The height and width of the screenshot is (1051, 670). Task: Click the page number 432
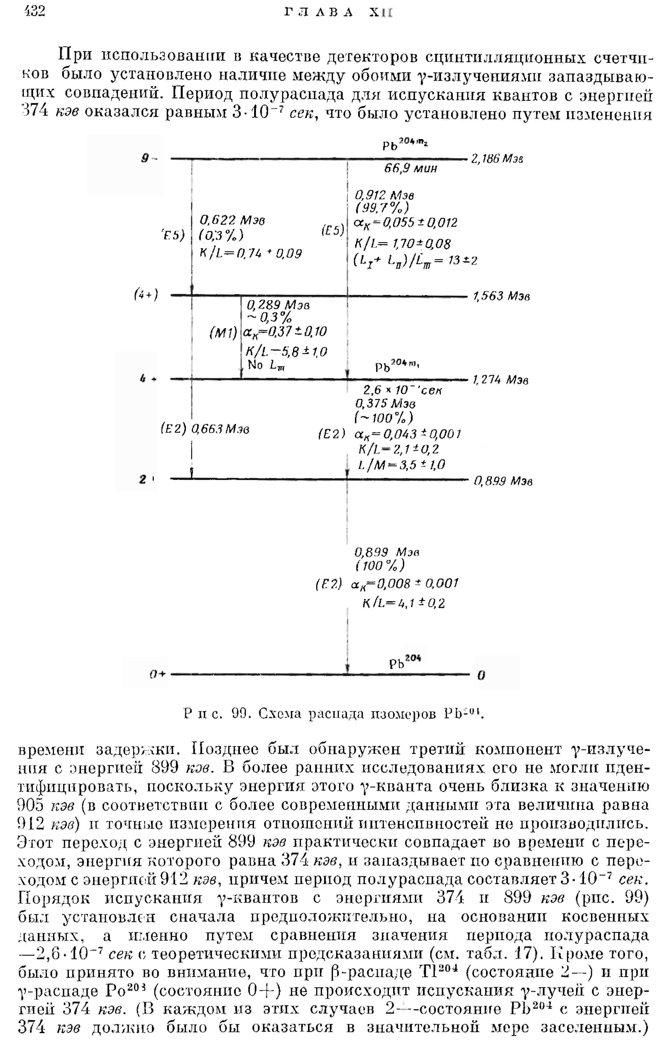coord(35,11)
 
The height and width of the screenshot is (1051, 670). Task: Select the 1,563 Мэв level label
coord(501,296)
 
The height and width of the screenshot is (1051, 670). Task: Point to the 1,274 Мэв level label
coord(501,380)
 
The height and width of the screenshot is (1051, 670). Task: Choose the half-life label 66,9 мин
coord(410,169)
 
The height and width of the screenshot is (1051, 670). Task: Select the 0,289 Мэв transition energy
coord(278,305)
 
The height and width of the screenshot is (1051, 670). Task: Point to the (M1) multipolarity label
coord(223,333)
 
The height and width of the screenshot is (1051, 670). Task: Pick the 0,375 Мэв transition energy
coord(386,404)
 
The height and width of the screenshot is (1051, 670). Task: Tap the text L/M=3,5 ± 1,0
coord(401,465)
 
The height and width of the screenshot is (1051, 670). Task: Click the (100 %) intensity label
coord(380,566)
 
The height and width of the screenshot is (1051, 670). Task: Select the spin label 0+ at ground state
coord(157,674)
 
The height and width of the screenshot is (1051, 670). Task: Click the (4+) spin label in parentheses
coord(146,296)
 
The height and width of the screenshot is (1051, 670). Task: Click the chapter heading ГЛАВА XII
coord(338,12)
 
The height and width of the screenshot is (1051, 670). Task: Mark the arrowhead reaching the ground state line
coord(348,669)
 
